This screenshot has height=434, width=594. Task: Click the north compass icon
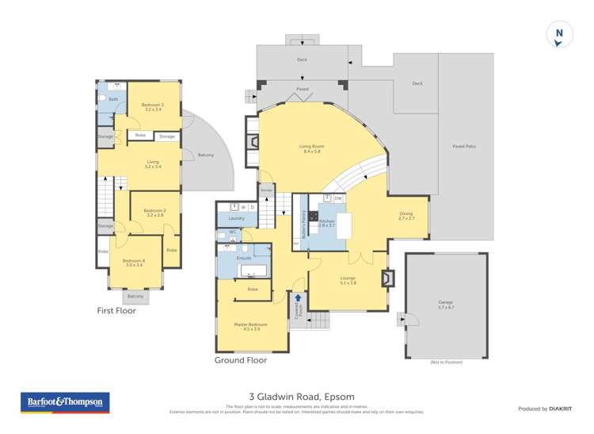pyautogui.click(x=559, y=35)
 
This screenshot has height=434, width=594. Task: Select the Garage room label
pyautogui.click(x=445, y=303)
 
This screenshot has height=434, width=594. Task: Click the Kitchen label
pyautogui.click(x=326, y=223)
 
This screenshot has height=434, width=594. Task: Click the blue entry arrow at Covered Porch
pyautogui.click(x=298, y=300)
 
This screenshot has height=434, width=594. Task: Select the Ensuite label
pyautogui.click(x=244, y=259)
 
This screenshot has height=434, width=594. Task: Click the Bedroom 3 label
pyautogui.click(x=152, y=106)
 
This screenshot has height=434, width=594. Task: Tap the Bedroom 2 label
pyautogui.click(x=154, y=212)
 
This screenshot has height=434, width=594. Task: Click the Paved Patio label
pyautogui.click(x=463, y=147)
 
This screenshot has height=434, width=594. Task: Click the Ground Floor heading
pyautogui.click(x=241, y=360)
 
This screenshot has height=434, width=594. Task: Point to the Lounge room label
pyautogui.click(x=348, y=280)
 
